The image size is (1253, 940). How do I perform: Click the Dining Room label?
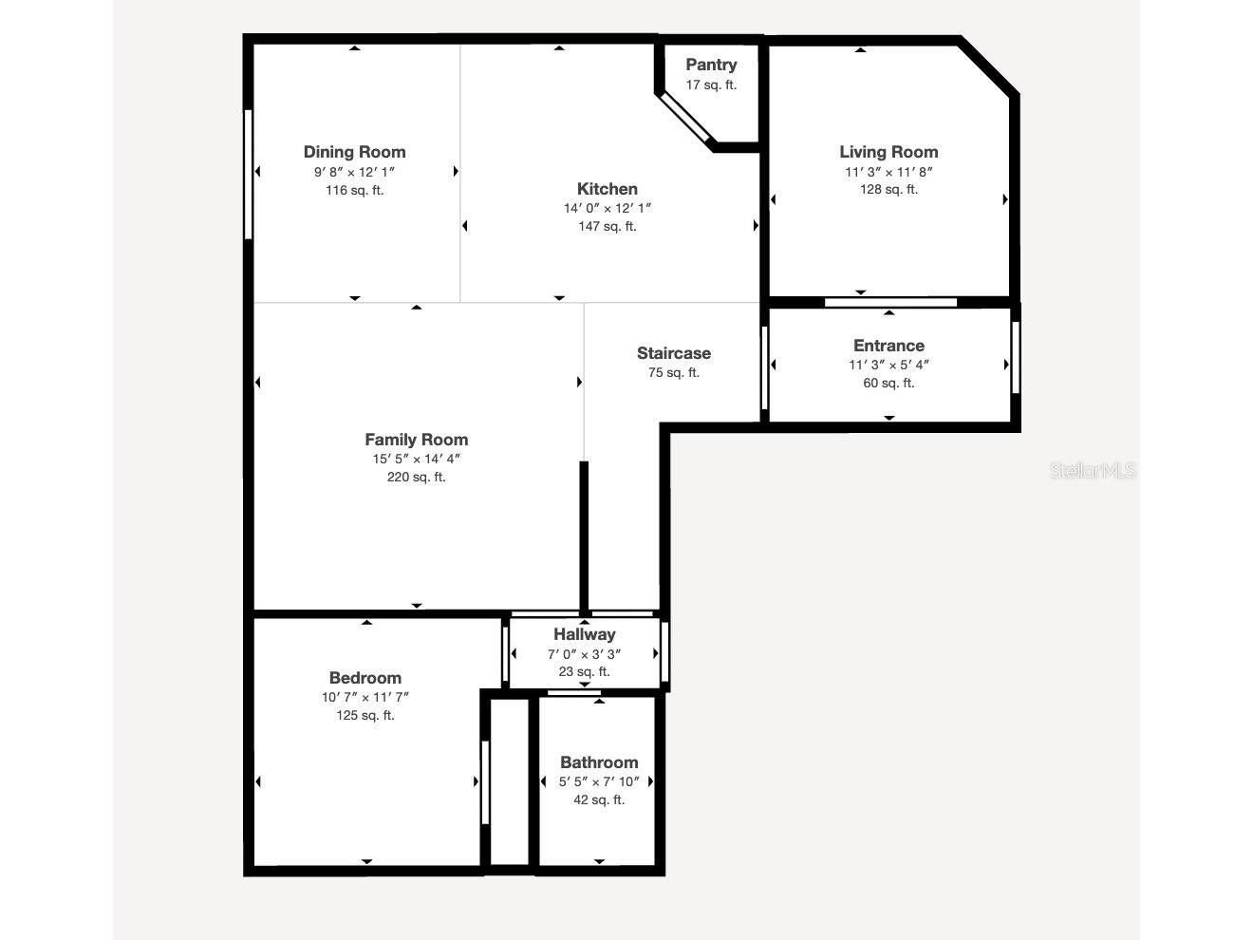coord(354,152)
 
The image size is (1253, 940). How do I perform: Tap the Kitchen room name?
coord(607,189)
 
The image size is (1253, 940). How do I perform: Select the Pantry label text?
coord(711,65)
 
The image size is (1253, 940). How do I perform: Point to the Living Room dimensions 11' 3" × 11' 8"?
coord(888,172)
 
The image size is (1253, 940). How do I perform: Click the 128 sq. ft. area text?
coord(888,189)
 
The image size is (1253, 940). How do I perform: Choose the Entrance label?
coord(888,346)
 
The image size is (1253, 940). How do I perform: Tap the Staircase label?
coord(673,353)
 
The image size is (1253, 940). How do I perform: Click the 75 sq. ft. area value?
coord(673,372)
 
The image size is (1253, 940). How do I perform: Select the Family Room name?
coord(416,440)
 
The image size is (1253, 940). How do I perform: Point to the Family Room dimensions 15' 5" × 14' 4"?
coord(416,459)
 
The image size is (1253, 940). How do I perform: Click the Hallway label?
coord(584,634)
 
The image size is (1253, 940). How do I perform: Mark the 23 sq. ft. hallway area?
coord(584,671)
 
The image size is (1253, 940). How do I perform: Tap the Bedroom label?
coord(365,678)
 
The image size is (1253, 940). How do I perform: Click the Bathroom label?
coord(598,762)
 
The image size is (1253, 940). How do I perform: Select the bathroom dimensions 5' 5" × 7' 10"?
coord(598,781)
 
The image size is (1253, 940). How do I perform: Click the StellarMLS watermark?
coord(1092,470)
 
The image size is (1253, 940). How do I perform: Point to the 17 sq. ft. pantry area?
coord(711,85)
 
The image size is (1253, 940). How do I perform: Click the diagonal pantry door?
coord(686,120)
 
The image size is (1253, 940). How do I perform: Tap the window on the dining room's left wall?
coord(249,174)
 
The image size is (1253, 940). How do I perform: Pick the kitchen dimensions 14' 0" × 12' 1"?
coord(607,208)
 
